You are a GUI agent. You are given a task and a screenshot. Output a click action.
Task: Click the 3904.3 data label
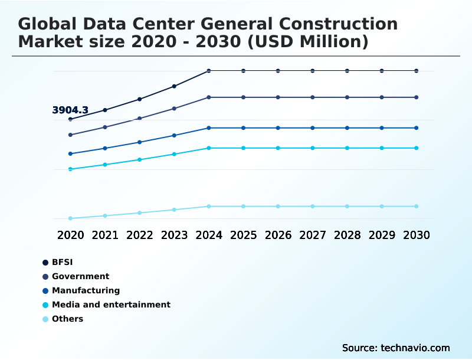[70, 110]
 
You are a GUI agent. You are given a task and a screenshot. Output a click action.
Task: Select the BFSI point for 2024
[209, 71]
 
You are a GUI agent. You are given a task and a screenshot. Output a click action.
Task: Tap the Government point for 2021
[105, 127]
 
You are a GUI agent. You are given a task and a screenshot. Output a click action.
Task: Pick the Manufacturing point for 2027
[313, 128]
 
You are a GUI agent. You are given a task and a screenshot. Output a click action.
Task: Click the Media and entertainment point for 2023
[174, 154]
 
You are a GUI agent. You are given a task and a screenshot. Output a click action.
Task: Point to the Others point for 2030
[416, 207]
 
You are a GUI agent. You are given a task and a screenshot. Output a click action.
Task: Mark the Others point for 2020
[70, 218]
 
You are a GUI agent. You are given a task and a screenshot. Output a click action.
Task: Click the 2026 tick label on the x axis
[278, 235]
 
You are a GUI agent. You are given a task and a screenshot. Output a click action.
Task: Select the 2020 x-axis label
[70, 235]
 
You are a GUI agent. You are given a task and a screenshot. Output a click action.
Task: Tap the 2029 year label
[382, 235]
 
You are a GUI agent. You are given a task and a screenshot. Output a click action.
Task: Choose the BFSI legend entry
[62, 262]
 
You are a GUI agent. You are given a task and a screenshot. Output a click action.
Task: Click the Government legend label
[80, 276]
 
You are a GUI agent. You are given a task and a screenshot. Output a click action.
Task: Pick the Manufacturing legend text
[86, 290]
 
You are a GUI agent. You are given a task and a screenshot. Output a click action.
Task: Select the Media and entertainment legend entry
[111, 305]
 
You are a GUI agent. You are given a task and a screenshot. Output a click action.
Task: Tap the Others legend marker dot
[45, 319]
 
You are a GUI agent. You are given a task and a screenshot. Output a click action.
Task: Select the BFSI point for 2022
[139, 99]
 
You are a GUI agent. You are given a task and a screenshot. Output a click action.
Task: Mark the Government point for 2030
[416, 97]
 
